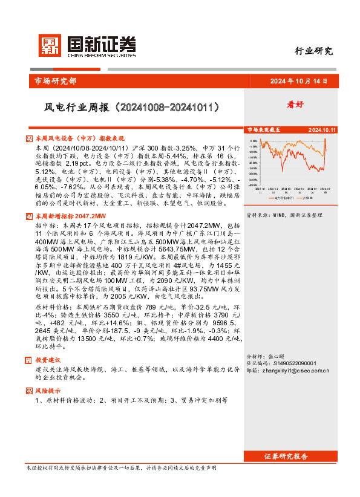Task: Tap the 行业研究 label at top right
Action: click(x=313, y=51)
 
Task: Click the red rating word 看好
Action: click(x=312, y=104)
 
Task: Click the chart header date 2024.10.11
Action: click(x=322, y=130)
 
